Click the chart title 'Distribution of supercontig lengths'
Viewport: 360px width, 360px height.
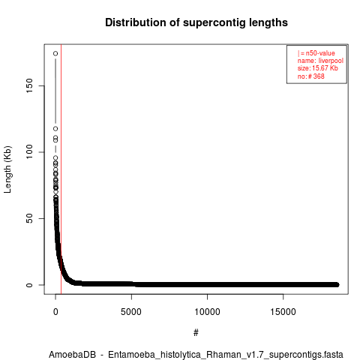[x=196, y=22]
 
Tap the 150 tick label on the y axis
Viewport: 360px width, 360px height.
[x=29, y=85]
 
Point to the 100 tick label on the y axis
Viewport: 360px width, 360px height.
[x=29, y=152]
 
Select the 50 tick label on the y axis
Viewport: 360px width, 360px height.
[x=29, y=218]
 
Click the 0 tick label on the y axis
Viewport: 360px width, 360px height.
[x=29, y=285]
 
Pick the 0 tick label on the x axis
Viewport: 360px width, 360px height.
[x=55, y=312]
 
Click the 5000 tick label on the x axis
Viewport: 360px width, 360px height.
[x=131, y=312]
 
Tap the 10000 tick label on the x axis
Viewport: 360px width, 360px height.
[x=207, y=312]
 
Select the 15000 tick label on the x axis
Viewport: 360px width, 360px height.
[x=283, y=312]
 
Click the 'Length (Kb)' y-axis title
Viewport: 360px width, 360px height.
[x=7, y=169]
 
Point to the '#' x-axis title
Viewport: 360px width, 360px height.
[x=196, y=333]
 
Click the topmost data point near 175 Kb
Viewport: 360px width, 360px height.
[x=55, y=53]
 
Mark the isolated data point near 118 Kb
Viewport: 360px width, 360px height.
[x=55, y=129]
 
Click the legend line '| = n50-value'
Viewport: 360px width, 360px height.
[x=316, y=53]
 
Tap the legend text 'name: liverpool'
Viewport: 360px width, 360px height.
[x=320, y=61]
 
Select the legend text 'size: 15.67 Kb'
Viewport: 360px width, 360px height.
[x=317, y=68]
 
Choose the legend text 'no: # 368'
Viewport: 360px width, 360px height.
[x=310, y=76]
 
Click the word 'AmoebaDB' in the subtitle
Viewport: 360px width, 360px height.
[x=72, y=355]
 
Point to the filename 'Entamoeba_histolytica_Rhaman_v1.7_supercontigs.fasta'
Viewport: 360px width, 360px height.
[x=226, y=355]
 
